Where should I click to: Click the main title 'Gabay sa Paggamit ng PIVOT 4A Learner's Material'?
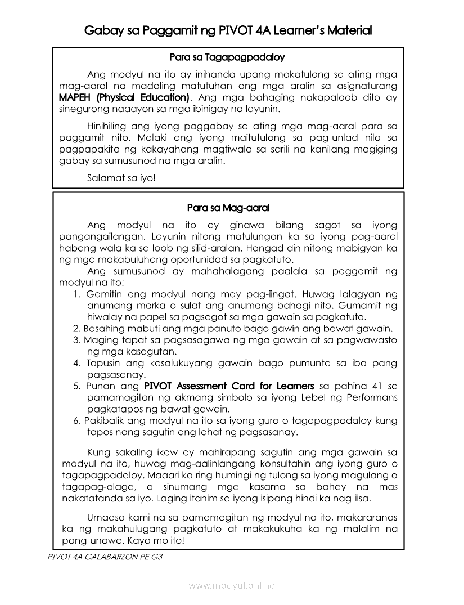228,30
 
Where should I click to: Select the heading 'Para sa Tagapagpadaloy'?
227,57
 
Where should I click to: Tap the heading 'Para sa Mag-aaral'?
228,208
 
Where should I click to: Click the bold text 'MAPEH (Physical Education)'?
125,98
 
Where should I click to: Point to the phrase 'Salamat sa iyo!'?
121,178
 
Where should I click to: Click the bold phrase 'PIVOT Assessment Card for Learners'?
229,386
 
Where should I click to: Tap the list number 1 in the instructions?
77,294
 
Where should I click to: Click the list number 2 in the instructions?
76,329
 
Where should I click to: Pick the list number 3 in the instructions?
76,340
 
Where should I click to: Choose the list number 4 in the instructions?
77,363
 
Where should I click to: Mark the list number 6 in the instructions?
76,420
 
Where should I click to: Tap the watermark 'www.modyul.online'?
232,586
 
